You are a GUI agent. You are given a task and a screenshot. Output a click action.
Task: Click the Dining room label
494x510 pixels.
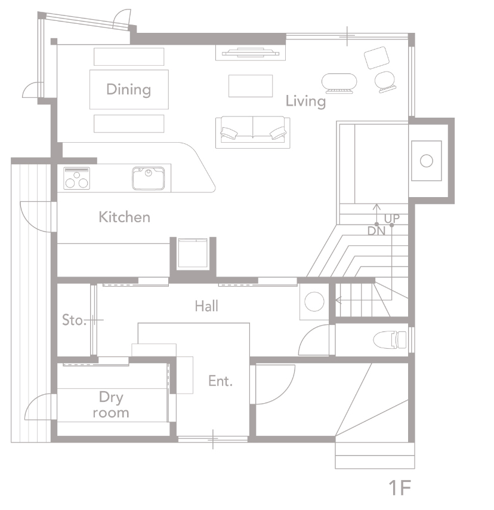[129, 90]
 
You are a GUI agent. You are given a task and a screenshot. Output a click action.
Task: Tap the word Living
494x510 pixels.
[305, 101]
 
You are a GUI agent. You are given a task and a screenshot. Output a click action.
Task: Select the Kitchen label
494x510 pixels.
[125, 217]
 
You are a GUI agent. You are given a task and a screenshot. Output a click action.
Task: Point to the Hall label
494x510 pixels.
[206, 306]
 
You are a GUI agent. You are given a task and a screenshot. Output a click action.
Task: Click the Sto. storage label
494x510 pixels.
[74, 320]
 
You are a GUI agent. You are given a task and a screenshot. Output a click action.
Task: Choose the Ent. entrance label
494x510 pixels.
[220, 381]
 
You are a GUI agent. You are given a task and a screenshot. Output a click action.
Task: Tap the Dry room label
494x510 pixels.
[111, 405]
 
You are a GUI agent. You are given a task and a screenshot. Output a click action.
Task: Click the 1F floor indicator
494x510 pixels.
[400, 487]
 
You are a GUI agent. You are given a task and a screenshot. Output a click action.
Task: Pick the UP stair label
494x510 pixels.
[392, 219]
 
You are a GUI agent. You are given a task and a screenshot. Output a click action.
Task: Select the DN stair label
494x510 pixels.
[376, 231]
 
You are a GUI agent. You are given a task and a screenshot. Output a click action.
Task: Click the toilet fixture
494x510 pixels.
[390, 340]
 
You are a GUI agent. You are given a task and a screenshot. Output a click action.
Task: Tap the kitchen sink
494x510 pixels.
[148, 178]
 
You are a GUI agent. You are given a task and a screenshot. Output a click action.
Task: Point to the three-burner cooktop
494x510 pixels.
[77, 178]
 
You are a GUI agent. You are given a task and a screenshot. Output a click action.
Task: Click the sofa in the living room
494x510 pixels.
[252, 133]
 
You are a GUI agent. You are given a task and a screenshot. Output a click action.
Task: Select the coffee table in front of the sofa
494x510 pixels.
[251, 86]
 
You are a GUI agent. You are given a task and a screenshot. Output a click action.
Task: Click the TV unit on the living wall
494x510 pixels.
[251, 53]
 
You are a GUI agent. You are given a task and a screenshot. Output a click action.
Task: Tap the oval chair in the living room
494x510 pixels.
[339, 84]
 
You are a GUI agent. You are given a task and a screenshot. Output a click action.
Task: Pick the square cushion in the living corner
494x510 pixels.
[376, 58]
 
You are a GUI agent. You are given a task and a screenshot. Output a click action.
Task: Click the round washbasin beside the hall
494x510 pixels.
[314, 302]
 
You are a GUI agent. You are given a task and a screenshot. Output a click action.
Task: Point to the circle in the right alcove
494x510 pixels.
[427, 161]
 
